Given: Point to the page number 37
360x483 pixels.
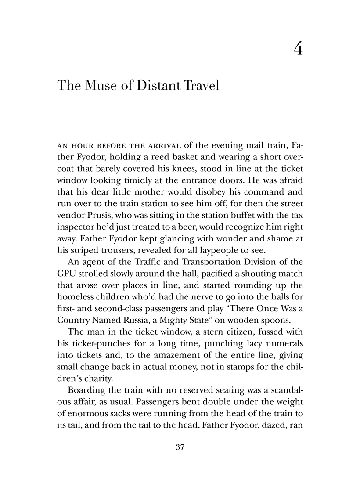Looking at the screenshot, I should (180, 447).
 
